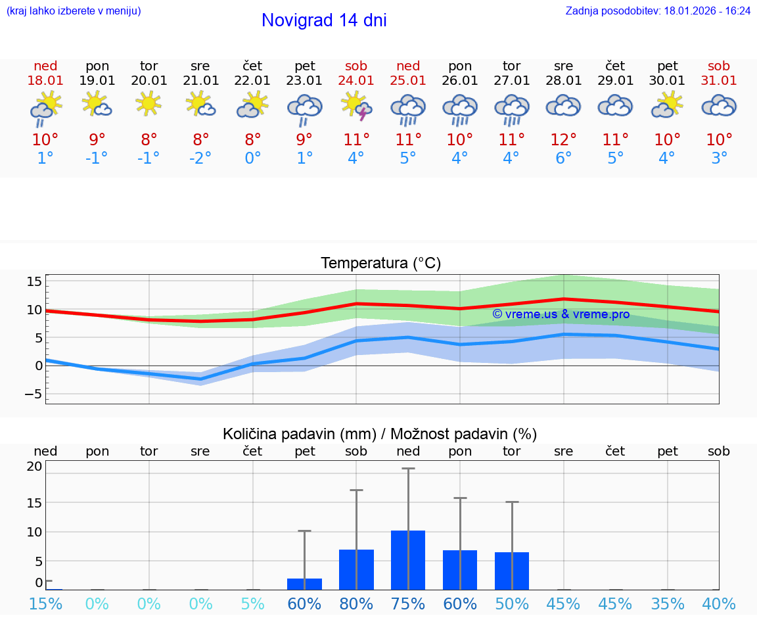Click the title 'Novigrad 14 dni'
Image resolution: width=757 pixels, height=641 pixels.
pyautogui.click(x=324, y=20)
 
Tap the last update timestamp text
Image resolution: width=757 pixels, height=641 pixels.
pyautogui.click(x=658, y=11)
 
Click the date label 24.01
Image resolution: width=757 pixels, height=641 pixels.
pyautogui.click(x=356, y=81)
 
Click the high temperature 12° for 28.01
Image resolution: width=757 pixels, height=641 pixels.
pyautogui.click(x=563, y=140)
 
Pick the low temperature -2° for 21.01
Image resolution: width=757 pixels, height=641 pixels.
pyautogui.click(x=200, y=158)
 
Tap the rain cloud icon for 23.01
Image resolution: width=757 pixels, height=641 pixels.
pyautogui.click(x=304, y=108)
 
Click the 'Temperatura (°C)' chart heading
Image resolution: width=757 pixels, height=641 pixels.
pyautogui.click(x=380, y=264)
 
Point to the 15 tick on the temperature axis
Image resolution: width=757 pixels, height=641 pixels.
pyautogui.click(x=34, y=281)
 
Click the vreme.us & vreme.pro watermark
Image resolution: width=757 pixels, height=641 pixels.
pyautogui.click(x=561, y=314)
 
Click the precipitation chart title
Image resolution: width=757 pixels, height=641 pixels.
pyautogui.click(x=380, y=434)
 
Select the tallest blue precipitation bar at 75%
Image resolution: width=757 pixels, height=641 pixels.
pyautogui.click(x=408, y=559)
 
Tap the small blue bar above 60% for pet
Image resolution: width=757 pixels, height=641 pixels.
pyautogui.click(x=304, y=584)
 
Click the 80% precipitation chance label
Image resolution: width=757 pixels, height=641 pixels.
pyautogui.click(x=356, y=604)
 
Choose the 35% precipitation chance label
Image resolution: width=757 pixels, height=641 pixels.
pyautogui.click(x=668, y=604)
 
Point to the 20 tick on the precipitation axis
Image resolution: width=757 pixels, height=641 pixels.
pyautogui.click(x=34, y=466)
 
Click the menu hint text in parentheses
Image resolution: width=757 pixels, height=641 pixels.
pyautogui.click(x=74, y=11)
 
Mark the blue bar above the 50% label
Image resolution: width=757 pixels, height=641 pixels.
pyautogui.click(x=512, y=571)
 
